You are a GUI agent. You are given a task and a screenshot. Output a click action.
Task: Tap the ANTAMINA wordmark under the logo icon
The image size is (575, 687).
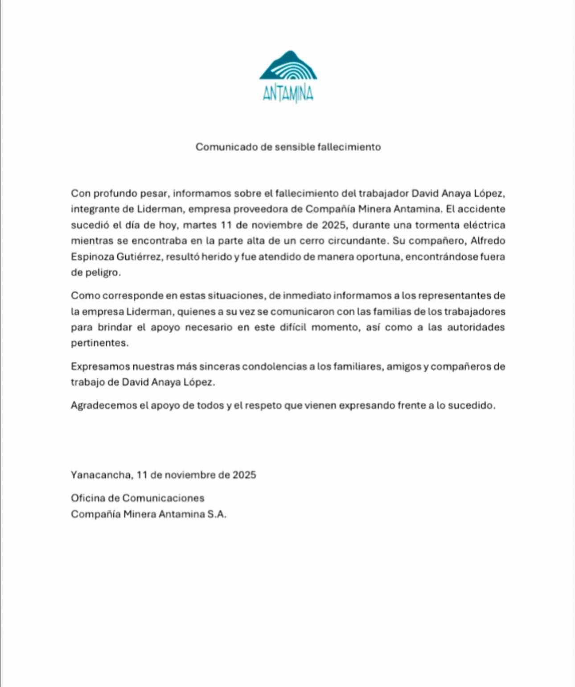288,94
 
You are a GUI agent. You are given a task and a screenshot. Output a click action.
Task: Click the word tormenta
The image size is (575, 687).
414,225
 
